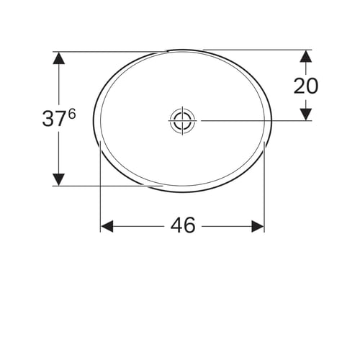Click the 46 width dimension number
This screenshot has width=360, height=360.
183,225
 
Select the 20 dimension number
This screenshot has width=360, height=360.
306,86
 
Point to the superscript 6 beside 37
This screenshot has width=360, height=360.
72,114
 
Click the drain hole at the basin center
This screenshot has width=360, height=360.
182,120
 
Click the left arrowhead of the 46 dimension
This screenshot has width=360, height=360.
107,226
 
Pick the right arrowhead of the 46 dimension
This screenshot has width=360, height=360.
258,226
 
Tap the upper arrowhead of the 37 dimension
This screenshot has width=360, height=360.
58,58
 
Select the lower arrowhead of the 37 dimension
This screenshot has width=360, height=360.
58,179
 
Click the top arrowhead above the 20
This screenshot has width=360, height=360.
306,56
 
